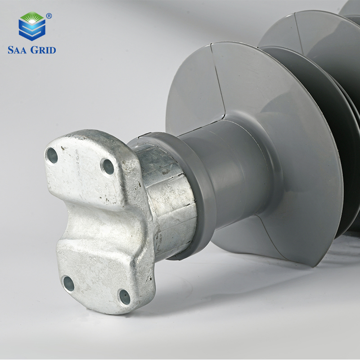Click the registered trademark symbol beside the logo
(x=49, y=16)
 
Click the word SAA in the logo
(x=17, y=50)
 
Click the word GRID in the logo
(x=43, y=50)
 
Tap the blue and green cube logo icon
(x=32, y=26)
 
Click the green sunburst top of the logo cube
(x=32, y=18)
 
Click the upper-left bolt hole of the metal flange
(x=52, y=155)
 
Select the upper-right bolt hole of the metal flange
(x=108, y=166)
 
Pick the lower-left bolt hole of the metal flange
(x=69, y=283)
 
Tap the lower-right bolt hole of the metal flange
(x=125, y=297)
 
